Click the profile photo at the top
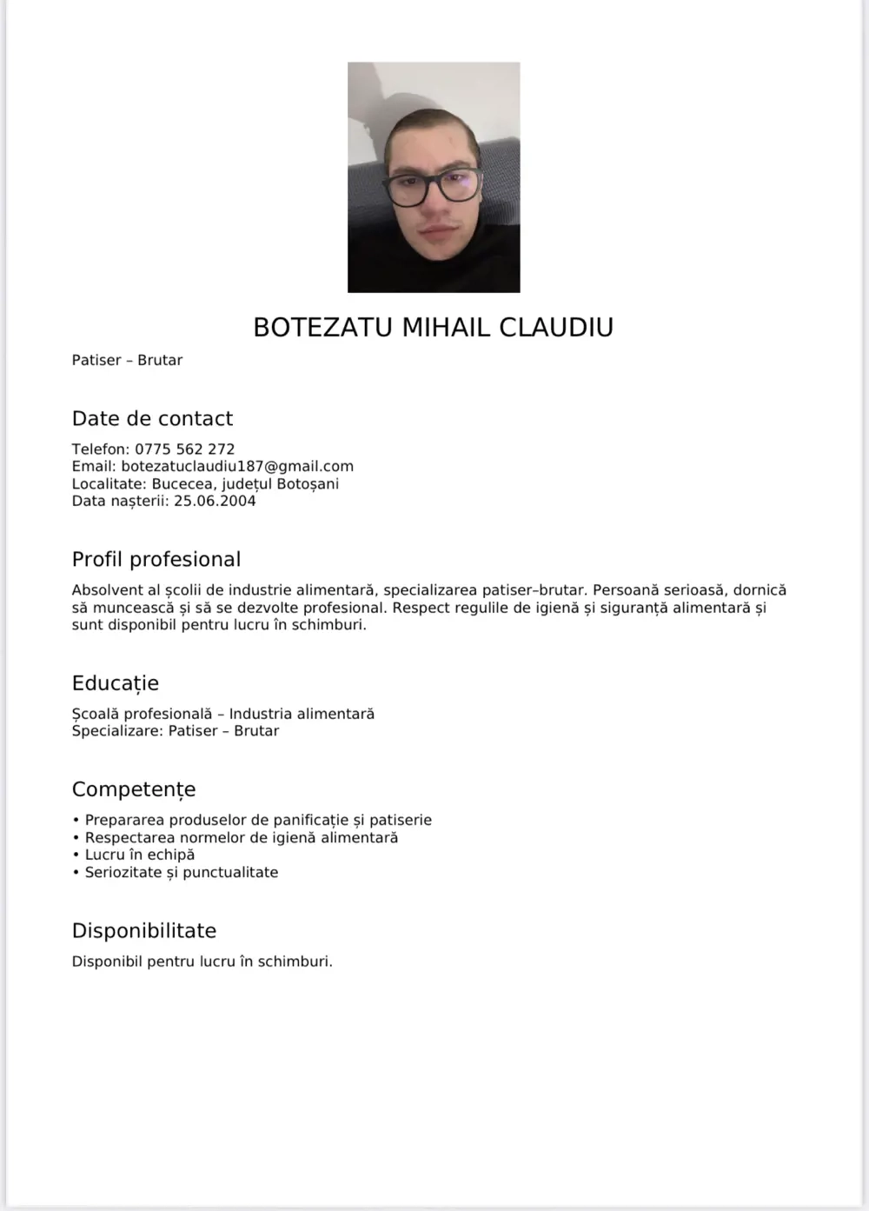pyautogui.click(x=434, y=176)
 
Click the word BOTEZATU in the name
pyautogui.click(x=322, y=327)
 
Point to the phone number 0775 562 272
pyautogui.click(x=184, y=449)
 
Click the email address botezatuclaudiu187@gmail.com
pyautogui.click(x=237, y=466)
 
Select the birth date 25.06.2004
pyautogui.click(x=215, y=501)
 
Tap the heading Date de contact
pyautogui.click(x=152, y=418)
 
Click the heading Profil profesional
pyautogui.click(x=156, y=559)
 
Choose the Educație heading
pyautogui.click(x=116, y=682)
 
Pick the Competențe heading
pyautogui.click(x=134, y=789)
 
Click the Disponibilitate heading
pyautogui.click(x=144, y=930)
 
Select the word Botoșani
pyautogui.click(x=308, y=483)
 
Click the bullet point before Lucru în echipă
pyautogui.click(x=76, y=855)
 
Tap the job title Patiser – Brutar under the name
pyautogui.click(x=127, y=360)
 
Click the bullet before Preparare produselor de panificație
pyautogui.click(x=76, y=820)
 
